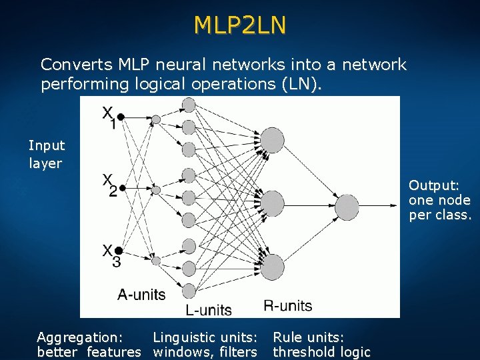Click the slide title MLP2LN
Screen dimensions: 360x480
tap(240, 25)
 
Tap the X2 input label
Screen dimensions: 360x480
tap(109, 185)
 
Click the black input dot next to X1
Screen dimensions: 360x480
tap(121, 117)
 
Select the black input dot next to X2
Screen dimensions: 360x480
tap(122, 188)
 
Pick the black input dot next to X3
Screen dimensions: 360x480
tap(121, 250)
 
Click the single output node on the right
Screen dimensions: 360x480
tap(347, 207)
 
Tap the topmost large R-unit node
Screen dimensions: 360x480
tap(272, 140)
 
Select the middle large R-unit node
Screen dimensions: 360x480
tap(272, 203)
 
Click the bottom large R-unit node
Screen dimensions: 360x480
tap(272, 267)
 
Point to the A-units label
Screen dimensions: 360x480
tap(141, 294)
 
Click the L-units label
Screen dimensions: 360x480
tap(209, 310)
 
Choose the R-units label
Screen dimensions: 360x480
tap(287, 306)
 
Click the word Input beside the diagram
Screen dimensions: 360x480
tap(47, 145)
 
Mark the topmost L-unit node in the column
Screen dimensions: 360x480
tap(189, 105)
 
